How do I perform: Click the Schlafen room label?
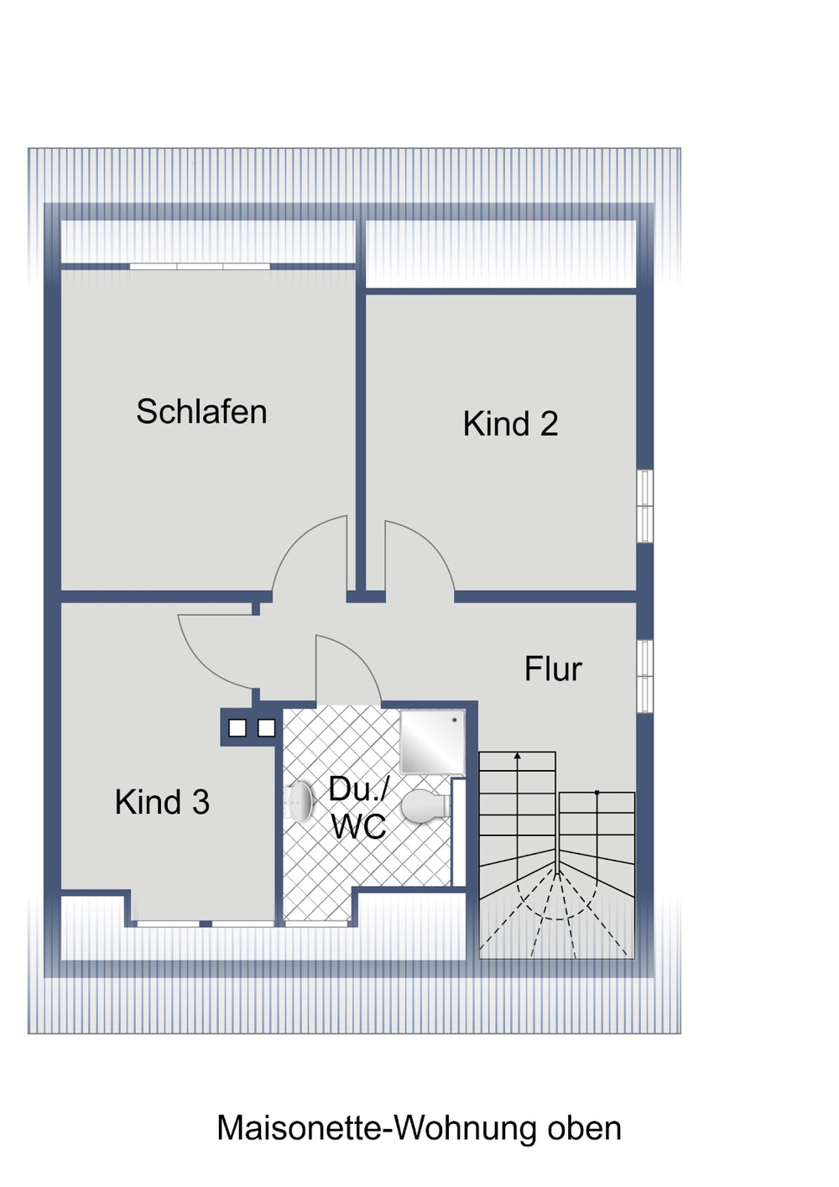pyautogui.click(x=201, y=411)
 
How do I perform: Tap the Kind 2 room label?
pyautogui.click(x=510, y=424)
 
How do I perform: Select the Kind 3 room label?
pyautogui.click(x=162, y=802)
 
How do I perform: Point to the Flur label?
pyautogui.click(x=554, y=669)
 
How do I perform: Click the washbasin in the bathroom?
pyautogui.click(x=300, y=802)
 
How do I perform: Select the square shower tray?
pyautogui.click(x=432, y=742)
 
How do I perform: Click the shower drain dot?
pyautogui.click(x=454, y=720)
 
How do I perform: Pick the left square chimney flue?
pyautogui.click(x=237, y=728)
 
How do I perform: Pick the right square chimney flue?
pyautogui.click(x=267, y=728)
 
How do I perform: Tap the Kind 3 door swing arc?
pyautogui.click(x=201, y=665)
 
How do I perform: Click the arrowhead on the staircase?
pyautogui.click(x=518, y=755)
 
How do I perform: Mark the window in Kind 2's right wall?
pyautogui.click(x=644, y=506)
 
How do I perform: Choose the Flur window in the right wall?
pyautogui.click(x=644, y=677)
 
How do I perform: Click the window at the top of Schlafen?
pyautogui.click(x=200, y=267)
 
